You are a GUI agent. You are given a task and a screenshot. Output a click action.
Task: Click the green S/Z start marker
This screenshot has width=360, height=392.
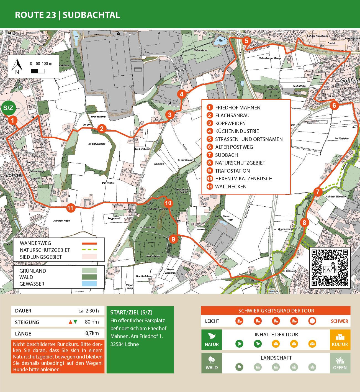point(8,108)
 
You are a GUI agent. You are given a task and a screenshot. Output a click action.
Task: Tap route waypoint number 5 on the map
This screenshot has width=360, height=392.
point(246,41)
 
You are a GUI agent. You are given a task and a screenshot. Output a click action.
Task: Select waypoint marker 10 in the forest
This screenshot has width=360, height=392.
point(168,203)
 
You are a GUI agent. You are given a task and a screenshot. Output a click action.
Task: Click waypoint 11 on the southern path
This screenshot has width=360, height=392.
point(70,208)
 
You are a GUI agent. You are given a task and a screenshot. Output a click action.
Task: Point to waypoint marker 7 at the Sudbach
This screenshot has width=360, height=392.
point(318,192)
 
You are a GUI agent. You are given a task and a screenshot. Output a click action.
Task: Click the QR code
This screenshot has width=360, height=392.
point(330,267)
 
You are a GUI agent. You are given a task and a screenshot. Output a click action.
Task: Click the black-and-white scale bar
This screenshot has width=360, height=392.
point(38,71)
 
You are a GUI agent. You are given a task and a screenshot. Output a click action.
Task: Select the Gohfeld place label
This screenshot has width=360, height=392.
point(349,81)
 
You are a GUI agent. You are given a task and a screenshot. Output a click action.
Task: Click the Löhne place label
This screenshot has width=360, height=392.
point(14,175)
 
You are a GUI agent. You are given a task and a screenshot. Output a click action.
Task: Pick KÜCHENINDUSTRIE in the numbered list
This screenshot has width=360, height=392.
point(237,131)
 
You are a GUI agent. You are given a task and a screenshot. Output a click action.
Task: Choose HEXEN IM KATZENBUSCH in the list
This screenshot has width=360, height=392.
point(243,179)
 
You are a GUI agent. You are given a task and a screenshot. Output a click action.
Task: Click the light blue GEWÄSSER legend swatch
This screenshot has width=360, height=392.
point(89,284)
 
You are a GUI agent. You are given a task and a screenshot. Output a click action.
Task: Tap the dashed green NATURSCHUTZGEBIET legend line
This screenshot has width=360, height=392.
point(89,250)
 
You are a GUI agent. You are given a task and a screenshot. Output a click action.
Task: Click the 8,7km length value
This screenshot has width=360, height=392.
point(92,333)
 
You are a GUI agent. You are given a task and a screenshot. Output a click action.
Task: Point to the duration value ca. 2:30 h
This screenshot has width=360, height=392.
point(88,311)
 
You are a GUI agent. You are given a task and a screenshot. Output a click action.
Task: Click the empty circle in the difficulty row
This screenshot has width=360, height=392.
point(312,321)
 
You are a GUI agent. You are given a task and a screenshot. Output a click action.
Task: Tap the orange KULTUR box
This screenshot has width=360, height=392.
point(340,340)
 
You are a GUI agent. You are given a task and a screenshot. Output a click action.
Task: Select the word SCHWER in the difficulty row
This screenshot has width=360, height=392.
point(339,321)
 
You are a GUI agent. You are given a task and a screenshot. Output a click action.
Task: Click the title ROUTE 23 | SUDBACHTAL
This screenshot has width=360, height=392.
point(67,15)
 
